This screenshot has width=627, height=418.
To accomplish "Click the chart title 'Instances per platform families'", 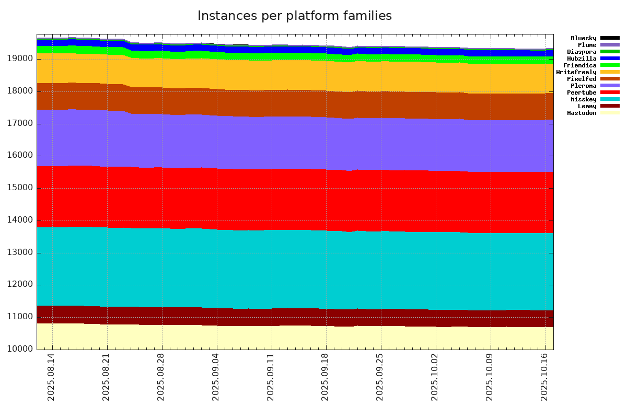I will click(x=294, y=16).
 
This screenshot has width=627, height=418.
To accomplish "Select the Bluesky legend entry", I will click(x=583, y=38).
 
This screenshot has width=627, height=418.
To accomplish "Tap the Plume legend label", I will click(x=587, y=45).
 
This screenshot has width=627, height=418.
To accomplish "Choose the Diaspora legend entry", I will click(x=582, y=52).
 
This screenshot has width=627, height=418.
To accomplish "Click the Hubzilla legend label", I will click(x=582, y=59).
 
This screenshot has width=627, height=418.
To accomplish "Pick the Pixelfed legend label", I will click(x=582, y=79).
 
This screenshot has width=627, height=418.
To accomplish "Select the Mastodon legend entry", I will click(x=582, y=113).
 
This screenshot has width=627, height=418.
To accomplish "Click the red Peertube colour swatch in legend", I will click(x=610, y=92).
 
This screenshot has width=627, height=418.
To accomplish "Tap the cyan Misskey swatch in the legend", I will click(x=610, y=99).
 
